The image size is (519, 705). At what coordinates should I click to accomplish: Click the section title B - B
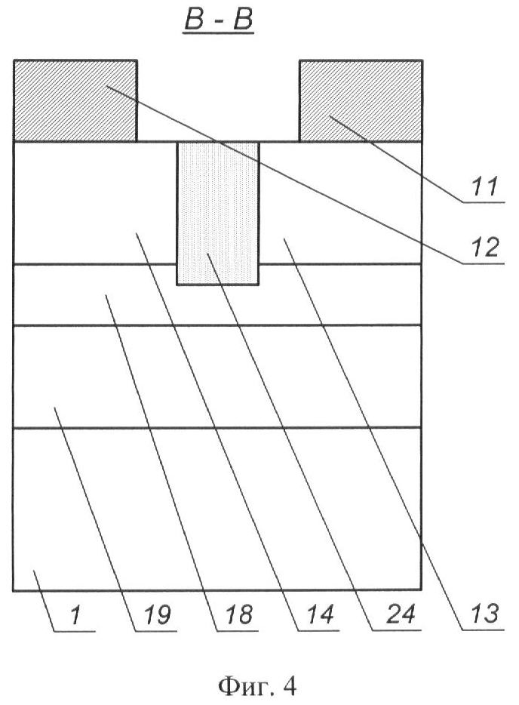coord(219,20)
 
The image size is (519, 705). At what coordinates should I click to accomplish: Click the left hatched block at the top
coord(75,100)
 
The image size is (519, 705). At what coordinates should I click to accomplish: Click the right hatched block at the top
coord(361,100)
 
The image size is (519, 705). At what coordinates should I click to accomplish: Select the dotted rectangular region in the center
coord(218,214)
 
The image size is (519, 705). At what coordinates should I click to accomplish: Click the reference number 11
coord(484,186)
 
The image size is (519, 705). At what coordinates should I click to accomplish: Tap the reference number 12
coord(484,248)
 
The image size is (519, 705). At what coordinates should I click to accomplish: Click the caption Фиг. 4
coord(257,686)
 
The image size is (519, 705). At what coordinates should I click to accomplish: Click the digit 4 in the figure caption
coord(290,686)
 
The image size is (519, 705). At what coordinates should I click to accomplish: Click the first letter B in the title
coord(195,20)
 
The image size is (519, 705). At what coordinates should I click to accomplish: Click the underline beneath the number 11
coord(484,202)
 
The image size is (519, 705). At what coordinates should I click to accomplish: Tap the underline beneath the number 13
coord(484,630)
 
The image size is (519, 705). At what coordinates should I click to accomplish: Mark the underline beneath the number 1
coord(75,631)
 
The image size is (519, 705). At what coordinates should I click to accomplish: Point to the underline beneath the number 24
coord(398,630)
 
